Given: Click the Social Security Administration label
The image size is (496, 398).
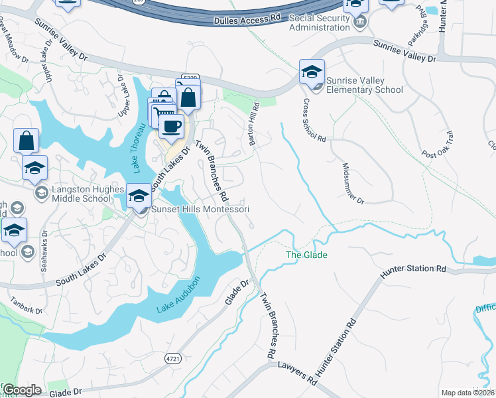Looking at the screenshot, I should pyautogui.click(x=320, y=22).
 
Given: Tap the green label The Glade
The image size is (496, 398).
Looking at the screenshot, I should pyautogui.click(x=306, y=255).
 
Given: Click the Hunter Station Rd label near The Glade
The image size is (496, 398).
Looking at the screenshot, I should pyautogui.click(x=413, y=269).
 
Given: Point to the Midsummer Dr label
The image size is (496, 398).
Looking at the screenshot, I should pyautogui.click(x=353, y=183).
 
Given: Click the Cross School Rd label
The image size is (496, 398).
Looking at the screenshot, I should pyautogui.click(x=314, y=121).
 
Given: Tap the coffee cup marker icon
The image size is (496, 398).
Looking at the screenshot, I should pyautogui.click(x=171, y=126).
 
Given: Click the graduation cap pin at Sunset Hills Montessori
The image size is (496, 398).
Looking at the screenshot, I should pyautogui.click(x=139, y=196).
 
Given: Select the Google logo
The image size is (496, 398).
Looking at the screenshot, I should pyautogui.click(x=22, y=390).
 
